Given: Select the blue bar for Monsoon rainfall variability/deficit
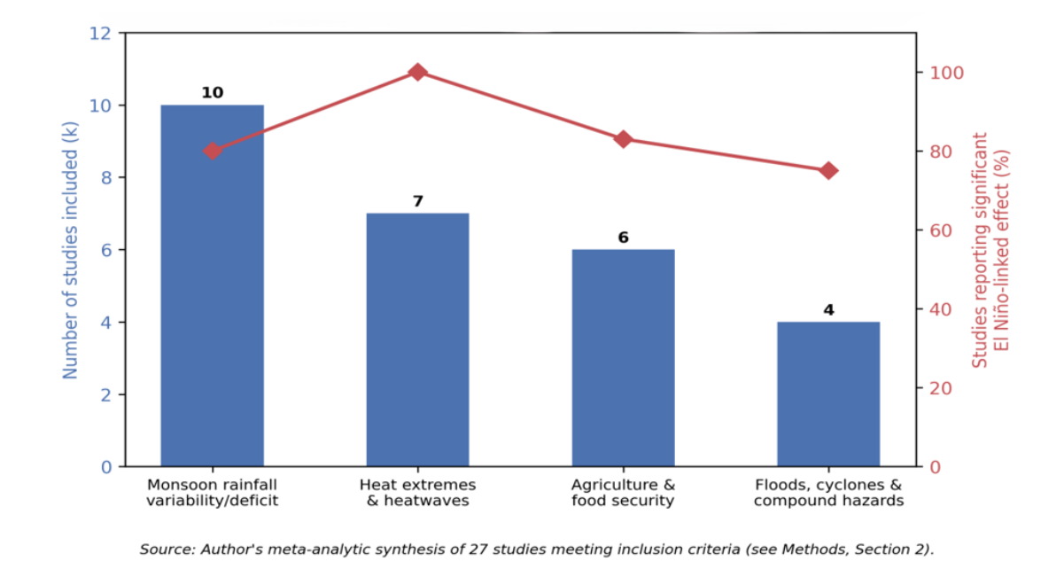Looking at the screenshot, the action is pos(213,285).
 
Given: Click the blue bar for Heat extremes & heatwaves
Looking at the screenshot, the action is pos(417,339).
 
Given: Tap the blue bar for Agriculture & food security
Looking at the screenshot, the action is pos(623,358).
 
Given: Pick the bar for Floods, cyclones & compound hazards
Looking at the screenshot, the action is pos(828,394).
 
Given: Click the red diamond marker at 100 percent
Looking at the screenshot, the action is pos(417,73).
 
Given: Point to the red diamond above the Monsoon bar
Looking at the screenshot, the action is pos(213,152).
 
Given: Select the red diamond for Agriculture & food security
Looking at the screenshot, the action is pos(623,139).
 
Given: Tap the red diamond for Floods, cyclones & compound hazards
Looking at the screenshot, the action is pos(829,171).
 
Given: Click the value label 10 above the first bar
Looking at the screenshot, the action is pos(213,92).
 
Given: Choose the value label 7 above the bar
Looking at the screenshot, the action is pos(418,201).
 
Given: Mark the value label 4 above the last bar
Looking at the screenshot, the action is pos(829,310).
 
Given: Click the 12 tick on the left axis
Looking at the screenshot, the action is pos(100,34).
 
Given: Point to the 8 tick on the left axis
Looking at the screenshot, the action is pos(106,178).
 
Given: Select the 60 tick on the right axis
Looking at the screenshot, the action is pos(941,230).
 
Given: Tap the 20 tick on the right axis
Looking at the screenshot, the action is pos(941,388).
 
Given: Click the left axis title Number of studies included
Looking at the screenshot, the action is pos(70,250).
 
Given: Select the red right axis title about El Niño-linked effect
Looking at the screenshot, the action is pos(990,250).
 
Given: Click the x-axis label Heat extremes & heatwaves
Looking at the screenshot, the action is pos(417,493).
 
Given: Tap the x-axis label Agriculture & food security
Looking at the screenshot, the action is pos(623,493).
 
